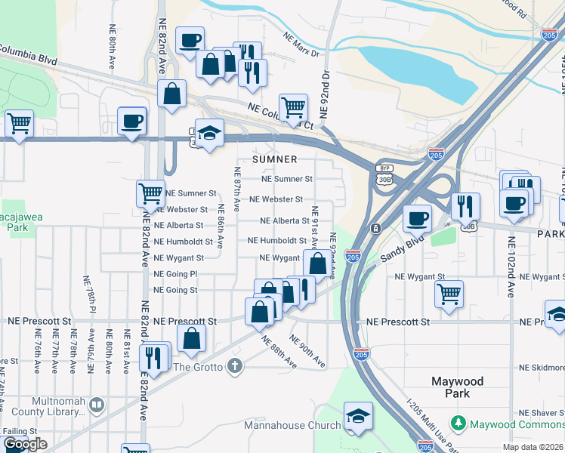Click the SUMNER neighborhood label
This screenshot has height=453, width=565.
pyautogui.click(x=275, y=160)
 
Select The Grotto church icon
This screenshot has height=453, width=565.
pyautogui.click(x=235, y=367)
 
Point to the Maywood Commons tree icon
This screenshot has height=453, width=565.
pyautogui.click(x=457, y=424)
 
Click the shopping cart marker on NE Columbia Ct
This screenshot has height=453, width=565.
pyautogui.click(x=293, y=106)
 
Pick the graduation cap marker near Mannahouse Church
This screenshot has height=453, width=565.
pyautogui.click(x=358, y=416)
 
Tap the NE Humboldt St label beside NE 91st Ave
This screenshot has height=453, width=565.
pyautogui.click(x=277, y=241)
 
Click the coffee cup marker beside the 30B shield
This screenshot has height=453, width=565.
pyautogui.click(x=416, y=218)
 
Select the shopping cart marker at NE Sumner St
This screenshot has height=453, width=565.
pyautogui.click(x=150, y=193)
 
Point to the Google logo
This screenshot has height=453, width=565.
pyautogui.click(x=25, y=445)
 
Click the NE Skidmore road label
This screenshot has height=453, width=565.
pyautogui.click(x=542, y=368)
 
